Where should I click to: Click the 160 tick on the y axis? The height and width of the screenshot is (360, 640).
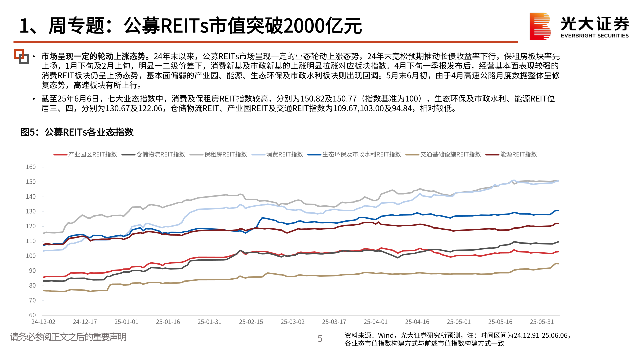[x=31, y=167]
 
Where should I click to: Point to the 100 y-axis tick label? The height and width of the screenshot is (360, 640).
[x=31, y=256]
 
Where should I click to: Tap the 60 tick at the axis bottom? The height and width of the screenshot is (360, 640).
[x=32, y=315]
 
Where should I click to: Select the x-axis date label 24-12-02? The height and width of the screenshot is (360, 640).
[x=43, y=322]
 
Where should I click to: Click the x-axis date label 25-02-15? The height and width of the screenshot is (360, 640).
[x=251, y=322]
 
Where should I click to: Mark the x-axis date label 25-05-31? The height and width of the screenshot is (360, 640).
[x=542, y=322]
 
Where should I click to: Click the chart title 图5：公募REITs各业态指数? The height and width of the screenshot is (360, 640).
[x=77, y=132]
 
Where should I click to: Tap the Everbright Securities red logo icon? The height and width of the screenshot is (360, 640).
[x=540, y=26]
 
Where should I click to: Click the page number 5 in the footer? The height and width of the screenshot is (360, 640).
[x=320, y=339]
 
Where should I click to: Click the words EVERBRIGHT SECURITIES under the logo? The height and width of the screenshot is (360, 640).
[x=595, y=36]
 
